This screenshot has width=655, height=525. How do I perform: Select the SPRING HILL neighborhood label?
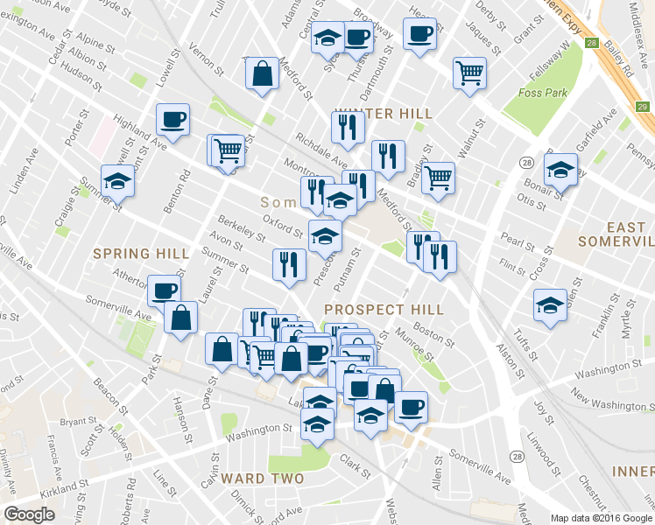click(141, 253)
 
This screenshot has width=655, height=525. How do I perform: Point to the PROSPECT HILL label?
click(384, 310)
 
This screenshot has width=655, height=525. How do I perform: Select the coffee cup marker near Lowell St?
click(173, 119)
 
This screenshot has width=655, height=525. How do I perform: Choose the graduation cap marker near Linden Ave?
click(117, 181)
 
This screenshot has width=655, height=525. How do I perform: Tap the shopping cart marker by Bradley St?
click(438, 177)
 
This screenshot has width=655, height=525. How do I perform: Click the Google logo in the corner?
click(29, 514)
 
